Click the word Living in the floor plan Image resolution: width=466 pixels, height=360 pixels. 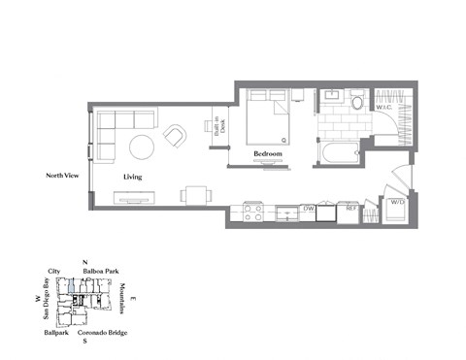pyautogui.click(x=134, y=179)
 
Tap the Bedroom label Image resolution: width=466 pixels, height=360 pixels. pyautogui.click(x=268, y=154)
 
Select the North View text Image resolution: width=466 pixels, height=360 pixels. pyautogui.click(x=63, y=176)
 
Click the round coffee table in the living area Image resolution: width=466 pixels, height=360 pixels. pyautogui.click(x=143, y=147)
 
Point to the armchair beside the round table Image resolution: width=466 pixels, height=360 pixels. pyautogui.click(x=176, y=136)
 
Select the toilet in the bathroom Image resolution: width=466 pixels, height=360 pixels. pyautogui.click(x=356, y=102)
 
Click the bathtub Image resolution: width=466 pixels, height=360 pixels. pyautogui.click(x=339, y=153)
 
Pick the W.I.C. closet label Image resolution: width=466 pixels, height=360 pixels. pyautogui.click(x=383, y=134)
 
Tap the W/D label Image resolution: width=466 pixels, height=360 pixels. pyautogui.click(x=396, y=204)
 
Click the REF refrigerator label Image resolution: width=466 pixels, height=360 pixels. pyautogui.click(x=351, y=208)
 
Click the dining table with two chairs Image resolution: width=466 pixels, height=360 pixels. pyautogui.click(x=195, y=195)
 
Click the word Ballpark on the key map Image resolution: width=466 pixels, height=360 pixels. pyautogui.click(x=55, y=333)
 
